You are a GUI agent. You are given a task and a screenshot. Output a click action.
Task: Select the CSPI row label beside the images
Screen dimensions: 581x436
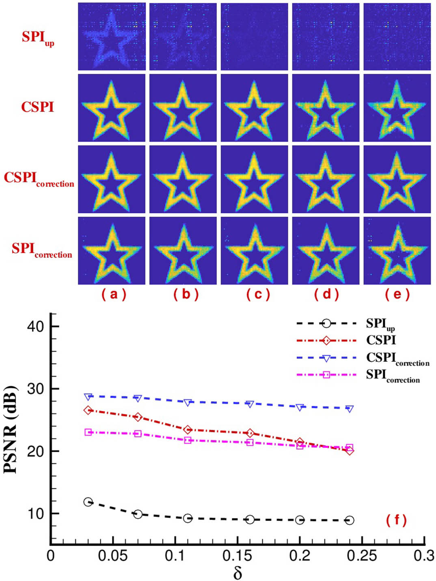pos(37,107)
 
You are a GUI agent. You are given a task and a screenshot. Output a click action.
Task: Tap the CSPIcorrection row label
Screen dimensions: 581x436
pos(39,178)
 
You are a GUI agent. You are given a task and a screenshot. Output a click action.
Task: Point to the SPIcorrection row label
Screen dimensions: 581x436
pos(41,249)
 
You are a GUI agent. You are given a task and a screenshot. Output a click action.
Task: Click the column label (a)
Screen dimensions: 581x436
pos(113,294)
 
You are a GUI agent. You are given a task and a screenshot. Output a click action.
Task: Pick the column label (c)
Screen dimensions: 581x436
pos(258,294)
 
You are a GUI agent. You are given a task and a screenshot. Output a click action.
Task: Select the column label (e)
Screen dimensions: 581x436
pos(397,294)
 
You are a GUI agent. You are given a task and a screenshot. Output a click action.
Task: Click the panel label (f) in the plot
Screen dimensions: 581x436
pos(396,520)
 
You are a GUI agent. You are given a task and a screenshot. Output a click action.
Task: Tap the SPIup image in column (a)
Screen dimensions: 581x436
pos(112,37)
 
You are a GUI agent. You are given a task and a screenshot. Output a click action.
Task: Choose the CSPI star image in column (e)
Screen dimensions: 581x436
pos(397,108)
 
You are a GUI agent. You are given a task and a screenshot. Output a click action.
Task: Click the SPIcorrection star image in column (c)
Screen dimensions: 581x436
pos(255,251)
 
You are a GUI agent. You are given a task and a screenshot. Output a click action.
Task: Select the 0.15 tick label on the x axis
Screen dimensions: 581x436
pos(237,556)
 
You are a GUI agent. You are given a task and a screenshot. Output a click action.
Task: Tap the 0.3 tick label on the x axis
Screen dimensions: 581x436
pos(424,556)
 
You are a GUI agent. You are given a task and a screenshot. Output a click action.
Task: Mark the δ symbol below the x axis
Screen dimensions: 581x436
pos(237,573)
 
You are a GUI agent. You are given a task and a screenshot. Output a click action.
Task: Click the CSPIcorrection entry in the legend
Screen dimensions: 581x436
pos(397,359)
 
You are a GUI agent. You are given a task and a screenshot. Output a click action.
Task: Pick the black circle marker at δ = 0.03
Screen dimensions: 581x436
pos(88,502)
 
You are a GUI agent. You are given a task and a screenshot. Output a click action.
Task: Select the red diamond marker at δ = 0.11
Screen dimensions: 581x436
pos(188,430)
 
